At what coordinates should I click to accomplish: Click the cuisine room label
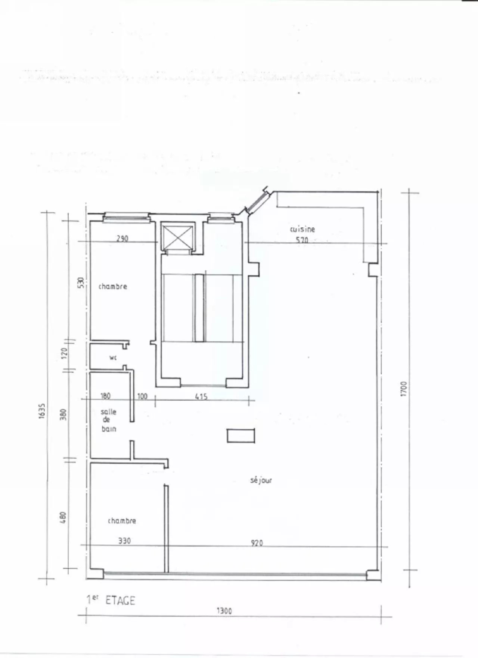tap(302, 229)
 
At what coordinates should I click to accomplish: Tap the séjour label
tap(261, 480)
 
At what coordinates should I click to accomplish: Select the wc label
tap(113, 358)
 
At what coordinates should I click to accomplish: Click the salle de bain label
tap(108, 420)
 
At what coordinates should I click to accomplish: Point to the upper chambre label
tap(113, 286)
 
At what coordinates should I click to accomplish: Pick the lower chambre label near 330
tap(122, 521)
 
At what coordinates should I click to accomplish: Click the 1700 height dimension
tap(403, 389)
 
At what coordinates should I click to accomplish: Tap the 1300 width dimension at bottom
tap(224, 611)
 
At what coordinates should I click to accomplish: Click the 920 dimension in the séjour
tap(257, 543)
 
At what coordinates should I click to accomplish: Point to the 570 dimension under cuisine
tap(302, 240)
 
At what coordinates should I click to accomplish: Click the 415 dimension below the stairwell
tap(201, 396)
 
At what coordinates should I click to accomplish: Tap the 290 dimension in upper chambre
tap(122, 239)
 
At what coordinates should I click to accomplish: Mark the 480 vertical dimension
tap(63, 517)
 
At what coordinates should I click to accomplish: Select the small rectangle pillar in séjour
tap(241, 436)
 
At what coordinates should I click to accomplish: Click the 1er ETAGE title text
tap(111, 600)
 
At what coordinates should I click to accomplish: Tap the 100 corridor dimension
tap(142, 396)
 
